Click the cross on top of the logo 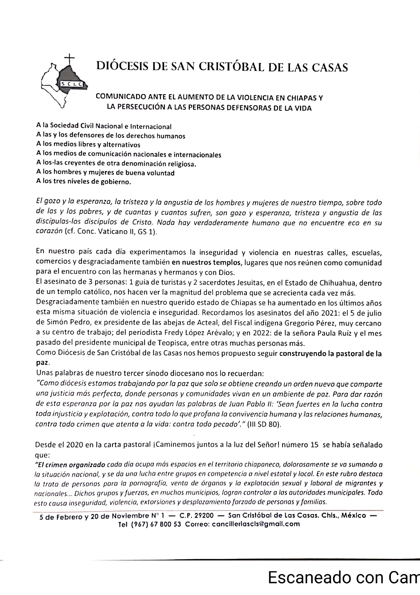(x=69, y=59)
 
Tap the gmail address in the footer (x=256, y=524)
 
